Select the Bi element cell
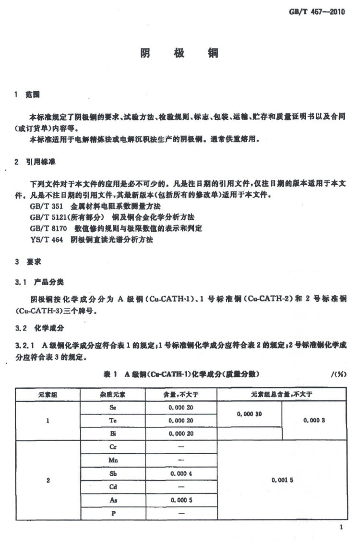point(113,433)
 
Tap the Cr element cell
point(113,446)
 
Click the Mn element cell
point(113,460)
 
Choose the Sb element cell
point(113,473)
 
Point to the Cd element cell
point(113,486)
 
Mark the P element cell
point(113,513)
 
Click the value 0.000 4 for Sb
point(181,473)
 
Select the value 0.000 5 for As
point(181,500)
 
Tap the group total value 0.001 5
point(282,480)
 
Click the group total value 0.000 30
point(249,413)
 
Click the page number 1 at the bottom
point(341,528)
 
